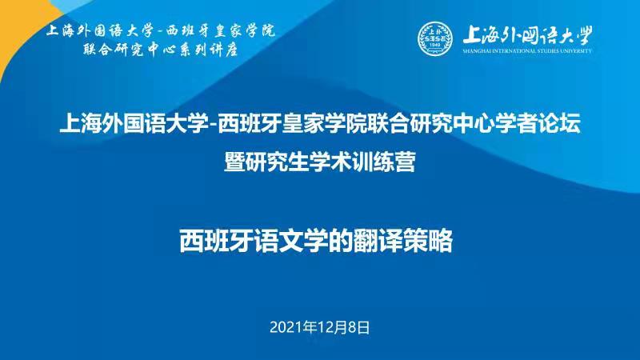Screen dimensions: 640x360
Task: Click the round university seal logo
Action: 435,38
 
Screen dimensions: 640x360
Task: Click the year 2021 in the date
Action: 284,327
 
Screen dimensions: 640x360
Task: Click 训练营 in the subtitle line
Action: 384,162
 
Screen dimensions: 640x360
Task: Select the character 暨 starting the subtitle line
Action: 234,162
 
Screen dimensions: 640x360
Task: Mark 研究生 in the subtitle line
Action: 277,162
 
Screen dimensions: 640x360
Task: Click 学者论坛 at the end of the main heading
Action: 538,123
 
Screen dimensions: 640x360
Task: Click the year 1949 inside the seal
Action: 435,44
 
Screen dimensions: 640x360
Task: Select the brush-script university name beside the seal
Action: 527,36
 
